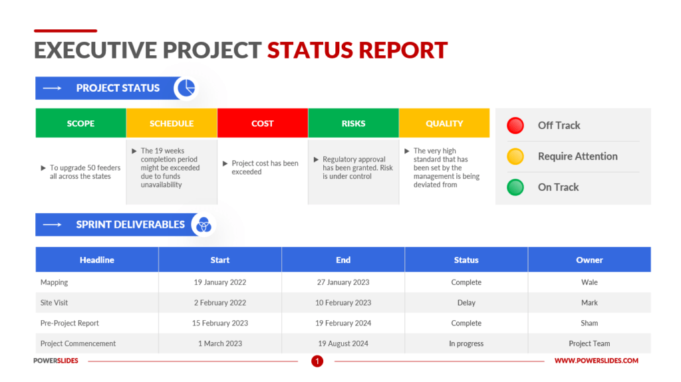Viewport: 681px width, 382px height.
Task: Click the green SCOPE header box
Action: [80, 124]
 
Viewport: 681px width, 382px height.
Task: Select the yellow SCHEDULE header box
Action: [172, 124]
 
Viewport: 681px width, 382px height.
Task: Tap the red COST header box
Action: [263, 124]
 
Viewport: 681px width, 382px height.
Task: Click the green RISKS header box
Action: [353, 124]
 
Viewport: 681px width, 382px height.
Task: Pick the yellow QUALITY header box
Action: [444, 124]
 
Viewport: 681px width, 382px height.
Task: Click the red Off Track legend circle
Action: [515, 126]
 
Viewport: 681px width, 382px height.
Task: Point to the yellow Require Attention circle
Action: [515, 157]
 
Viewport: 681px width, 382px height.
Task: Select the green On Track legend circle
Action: [515, 187]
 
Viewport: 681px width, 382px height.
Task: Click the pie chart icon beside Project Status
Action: [186, 88]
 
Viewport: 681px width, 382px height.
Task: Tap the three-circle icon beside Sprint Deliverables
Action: [203, 225]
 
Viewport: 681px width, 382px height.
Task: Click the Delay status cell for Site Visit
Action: [466, 303]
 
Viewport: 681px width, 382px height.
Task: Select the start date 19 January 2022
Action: [220, 282]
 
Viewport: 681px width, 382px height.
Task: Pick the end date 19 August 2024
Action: [343, 344]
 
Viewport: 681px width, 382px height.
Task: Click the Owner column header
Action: [589, 260]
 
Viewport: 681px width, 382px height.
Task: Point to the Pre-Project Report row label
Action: [70, 324]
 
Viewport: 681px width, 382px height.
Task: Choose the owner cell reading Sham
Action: [589, 324]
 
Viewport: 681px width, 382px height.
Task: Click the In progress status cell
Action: [466, 344]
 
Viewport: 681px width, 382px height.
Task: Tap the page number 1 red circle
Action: [317, 361]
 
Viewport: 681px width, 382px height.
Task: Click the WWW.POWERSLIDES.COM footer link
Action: [597, 361]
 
